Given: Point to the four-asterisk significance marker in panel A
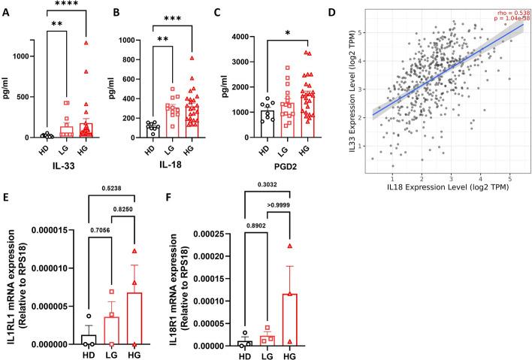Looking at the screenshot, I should [68, 4].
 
